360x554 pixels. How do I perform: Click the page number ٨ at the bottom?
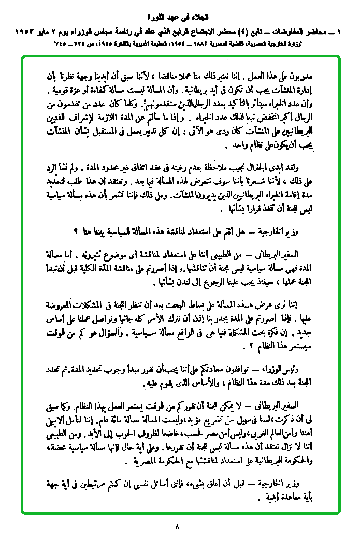coord(177,528)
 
